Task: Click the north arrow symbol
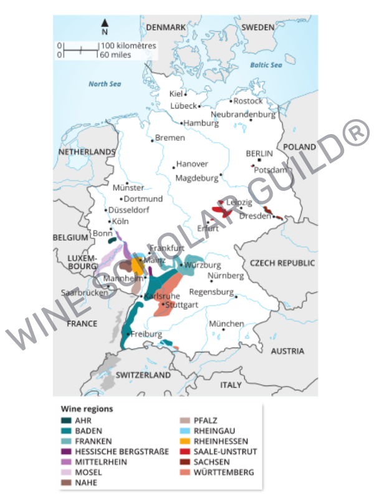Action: click(104, 24)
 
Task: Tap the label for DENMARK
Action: click(166, 27)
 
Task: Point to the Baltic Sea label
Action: click(266, 65)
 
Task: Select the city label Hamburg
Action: click(201, 123)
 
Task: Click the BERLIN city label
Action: click(259, 153)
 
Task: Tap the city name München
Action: click(226, 324)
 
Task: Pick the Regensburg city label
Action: click(211, 292)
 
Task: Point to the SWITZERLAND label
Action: click(143, 375)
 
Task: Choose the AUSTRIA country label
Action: click(287, 351)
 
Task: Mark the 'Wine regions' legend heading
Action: click(87, 409)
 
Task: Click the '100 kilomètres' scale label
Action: click(128, 46)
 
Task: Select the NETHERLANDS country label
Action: click(87, 152)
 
